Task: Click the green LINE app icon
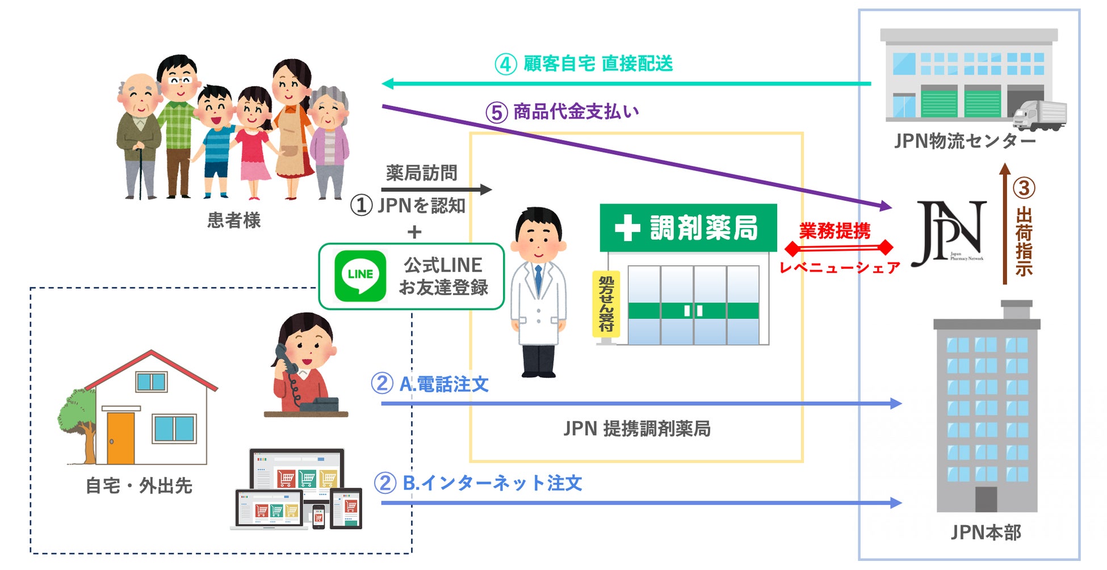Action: (x=360, y=276)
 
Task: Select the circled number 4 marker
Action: (x=505, y=64)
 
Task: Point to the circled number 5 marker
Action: (x=496, y=112)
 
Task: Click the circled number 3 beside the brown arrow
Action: (x=1024, y=188)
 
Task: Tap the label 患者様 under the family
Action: (x=234, y=220)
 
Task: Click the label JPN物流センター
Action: (x=965, y=141)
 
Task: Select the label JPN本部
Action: (x=986, y=532)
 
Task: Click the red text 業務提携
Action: (x=835, y=231)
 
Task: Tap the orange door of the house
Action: (x=120, y=438)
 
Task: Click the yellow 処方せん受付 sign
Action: (x=606, y=304)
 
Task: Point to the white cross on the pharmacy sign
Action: (x=627, y=228)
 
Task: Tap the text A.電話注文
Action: (x=444, y=385)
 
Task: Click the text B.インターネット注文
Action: (x=492, y=483)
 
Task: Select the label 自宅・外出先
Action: (x=139, y=486)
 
